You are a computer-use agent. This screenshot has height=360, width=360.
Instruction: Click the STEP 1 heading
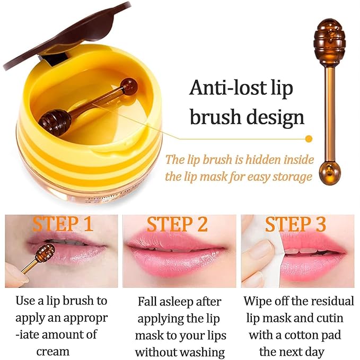tap(63, 224)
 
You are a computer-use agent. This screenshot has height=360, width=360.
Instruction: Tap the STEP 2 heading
tap(177, 224)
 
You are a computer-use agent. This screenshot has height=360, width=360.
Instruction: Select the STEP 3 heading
tap(295, 224)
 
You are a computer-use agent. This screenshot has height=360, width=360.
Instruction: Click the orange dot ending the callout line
tap(309, 139)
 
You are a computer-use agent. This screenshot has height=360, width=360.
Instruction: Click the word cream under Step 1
tap(53, 351)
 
